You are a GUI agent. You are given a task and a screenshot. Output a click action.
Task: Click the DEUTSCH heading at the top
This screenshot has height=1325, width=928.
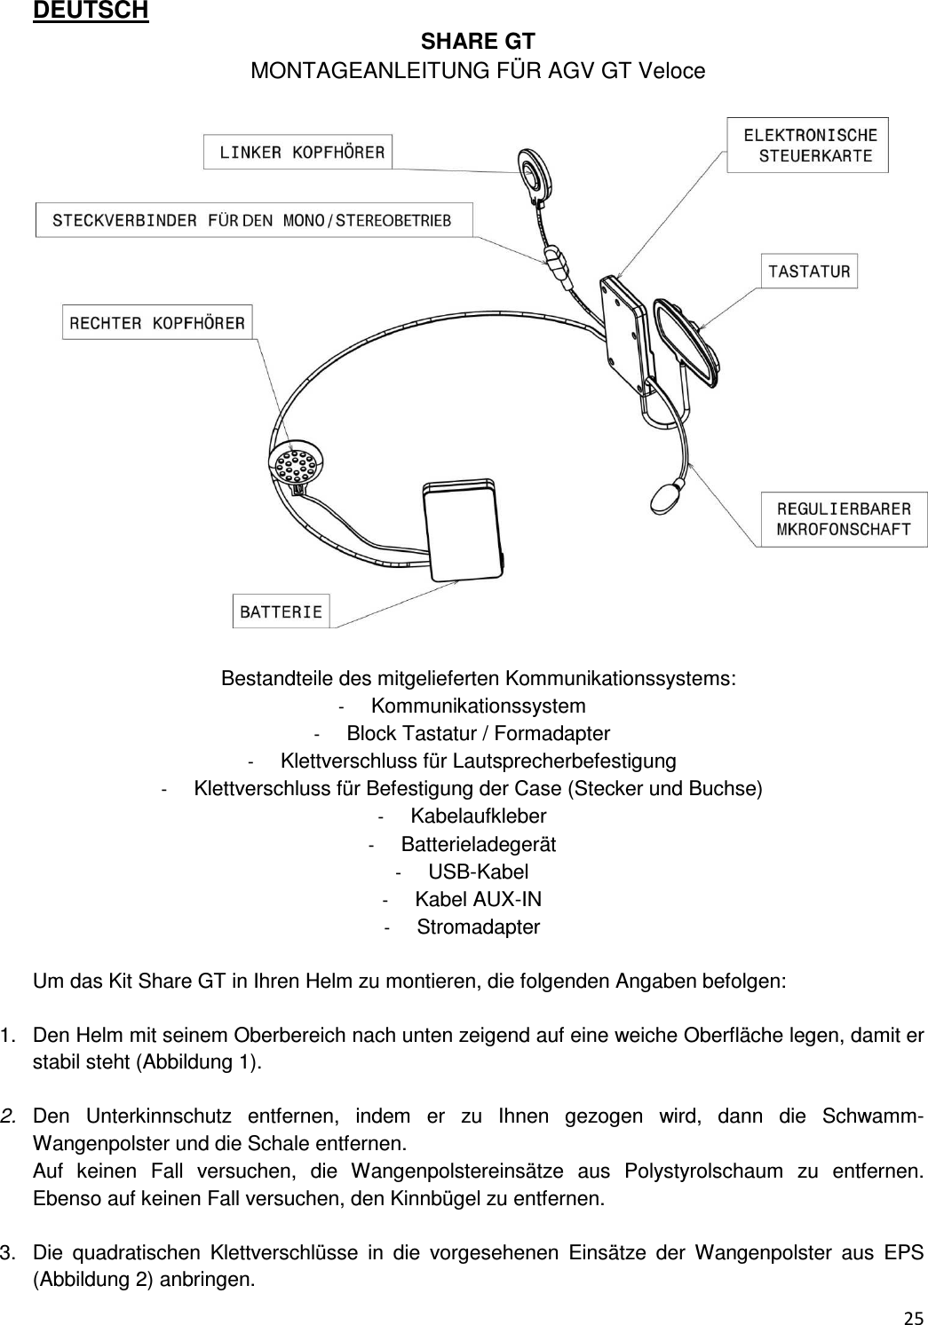pyautogui.click(x=91, y=12)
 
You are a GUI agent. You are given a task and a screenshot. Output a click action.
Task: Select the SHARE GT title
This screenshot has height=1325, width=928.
pyautogui.click(x=477, y=42)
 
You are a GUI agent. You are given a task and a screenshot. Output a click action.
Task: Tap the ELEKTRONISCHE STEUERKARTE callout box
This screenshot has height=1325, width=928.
pyautogui.click(x=807, y=145)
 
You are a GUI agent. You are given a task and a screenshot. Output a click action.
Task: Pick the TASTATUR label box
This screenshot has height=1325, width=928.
pyautogui.click(x=809, y=271)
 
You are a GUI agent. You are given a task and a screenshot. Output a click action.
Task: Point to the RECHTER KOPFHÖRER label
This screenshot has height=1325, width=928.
pyautogui.click(x=157, y=322)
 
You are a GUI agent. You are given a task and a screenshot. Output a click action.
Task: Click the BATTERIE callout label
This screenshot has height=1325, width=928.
pyautogui.click(x=281, y=611)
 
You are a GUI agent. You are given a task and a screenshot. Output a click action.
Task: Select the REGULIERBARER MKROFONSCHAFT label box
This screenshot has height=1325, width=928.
pyautogui.click(x=844, y=519)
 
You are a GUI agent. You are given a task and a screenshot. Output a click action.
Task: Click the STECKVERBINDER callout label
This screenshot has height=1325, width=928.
pyautogui.click(x=253, y=220)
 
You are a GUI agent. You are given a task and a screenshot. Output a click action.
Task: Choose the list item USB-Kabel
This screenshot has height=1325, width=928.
pyautogui.click(x=478, y=872)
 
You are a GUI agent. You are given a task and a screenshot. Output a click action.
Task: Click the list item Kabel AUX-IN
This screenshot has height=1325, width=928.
pyautogui.click(x=478, y=899)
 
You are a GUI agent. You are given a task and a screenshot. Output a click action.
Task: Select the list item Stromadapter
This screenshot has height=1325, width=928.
pyautogui.click(x=478, y=927)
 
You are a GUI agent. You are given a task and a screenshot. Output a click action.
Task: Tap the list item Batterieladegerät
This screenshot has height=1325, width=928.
pyautogui.click(x=478, y=844)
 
